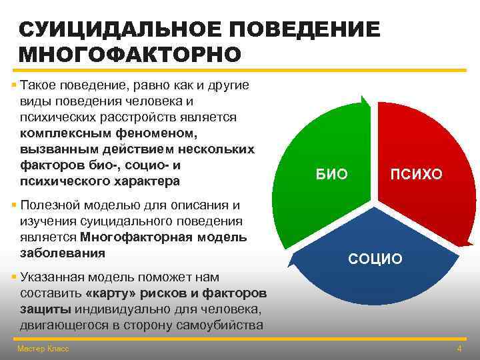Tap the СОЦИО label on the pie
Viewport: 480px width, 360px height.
click(x=375, y=259)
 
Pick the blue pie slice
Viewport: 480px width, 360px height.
click(x=373, y=280)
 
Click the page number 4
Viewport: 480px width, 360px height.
click(x=459, y=349)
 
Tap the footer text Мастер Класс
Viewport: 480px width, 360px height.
click(x=43, y=349)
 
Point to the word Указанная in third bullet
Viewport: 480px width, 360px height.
click(x=52, y=277)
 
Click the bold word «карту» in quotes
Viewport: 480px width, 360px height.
click(x=111, y=293)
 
